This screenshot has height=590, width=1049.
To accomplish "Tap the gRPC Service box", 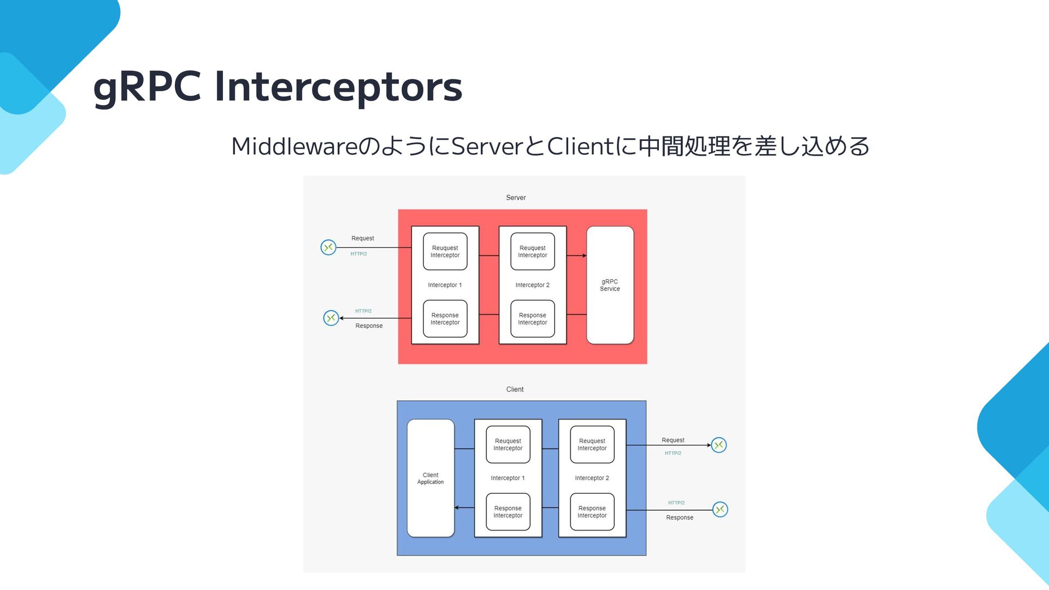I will [610, 285].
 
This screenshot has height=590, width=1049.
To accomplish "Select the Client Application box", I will [431, 478].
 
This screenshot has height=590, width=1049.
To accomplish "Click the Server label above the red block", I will [516, 198].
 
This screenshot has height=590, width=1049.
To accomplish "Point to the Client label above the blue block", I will [515, 390].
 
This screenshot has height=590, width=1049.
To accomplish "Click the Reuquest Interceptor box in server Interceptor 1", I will [445, 251].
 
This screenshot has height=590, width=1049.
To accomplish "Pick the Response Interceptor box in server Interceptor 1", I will [445, 319].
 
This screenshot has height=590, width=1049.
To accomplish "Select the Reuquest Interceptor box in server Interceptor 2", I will [532, 251].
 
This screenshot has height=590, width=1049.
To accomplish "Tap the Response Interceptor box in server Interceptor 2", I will [532, 319].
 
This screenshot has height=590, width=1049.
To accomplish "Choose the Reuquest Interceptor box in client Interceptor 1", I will [508, 445].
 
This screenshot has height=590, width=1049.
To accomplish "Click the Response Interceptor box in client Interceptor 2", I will [592, 512].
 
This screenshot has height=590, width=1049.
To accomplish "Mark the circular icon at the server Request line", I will [328, 247].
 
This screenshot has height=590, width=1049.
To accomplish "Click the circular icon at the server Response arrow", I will [331, 318].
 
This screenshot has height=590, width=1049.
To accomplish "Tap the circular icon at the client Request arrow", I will [719, 445].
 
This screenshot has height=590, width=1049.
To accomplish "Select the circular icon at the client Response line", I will [721, 510].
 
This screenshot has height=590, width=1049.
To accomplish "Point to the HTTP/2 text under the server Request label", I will [358, 254].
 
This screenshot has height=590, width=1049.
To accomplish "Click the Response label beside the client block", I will [680, 518].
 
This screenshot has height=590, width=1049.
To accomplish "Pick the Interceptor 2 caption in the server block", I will [532, 285].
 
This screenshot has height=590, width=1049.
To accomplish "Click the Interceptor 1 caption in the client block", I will [508, 478].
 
